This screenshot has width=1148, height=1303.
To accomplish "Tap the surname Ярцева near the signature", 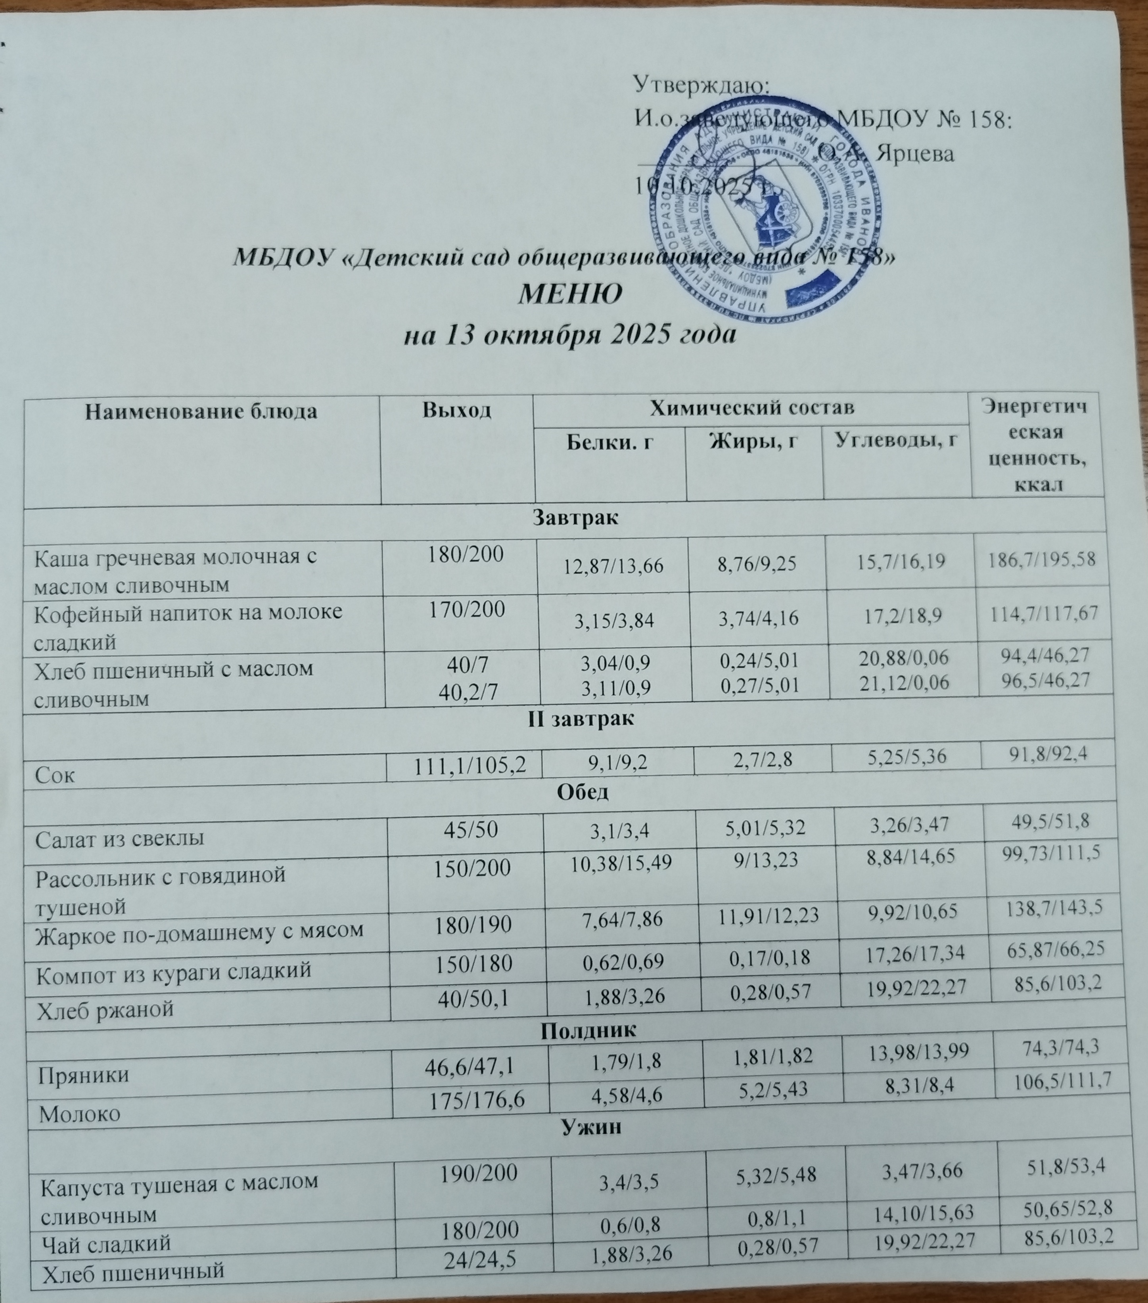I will [x=915, y=154].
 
